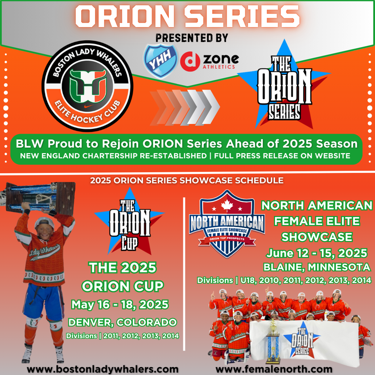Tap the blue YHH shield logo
click(160, 60)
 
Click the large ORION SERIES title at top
click(187, 16)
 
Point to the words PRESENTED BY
click(192, 38)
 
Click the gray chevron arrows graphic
click(185, 107)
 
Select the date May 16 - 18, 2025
click(120, 304)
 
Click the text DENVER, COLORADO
click(122, 323)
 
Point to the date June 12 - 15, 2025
click(316, 253)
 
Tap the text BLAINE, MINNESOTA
click(317, 267)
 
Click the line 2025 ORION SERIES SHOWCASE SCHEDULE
click(187, 181)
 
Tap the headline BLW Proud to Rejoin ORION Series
click(187, 143)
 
